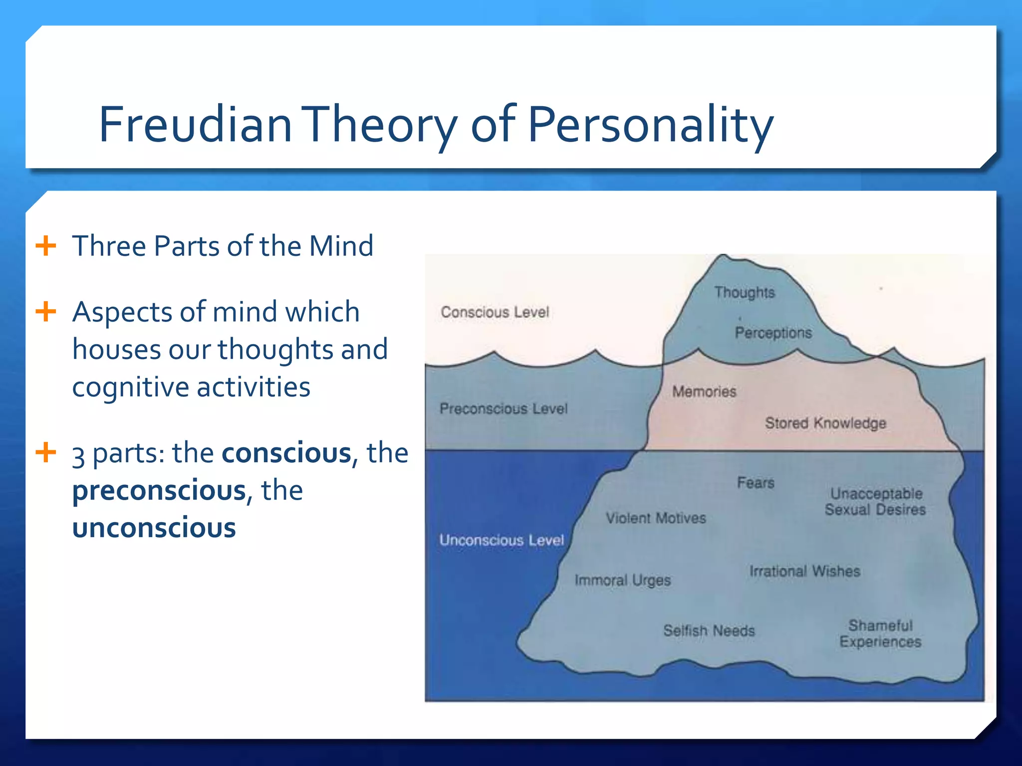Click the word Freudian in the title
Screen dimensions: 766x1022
[x=195, y=124]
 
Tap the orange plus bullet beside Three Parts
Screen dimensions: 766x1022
[x=46, y=246]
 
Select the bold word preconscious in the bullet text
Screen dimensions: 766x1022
[x=159, y=490]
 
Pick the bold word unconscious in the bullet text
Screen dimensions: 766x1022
[x=154, y=528]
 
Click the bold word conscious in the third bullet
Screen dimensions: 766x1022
[x=286, y=453]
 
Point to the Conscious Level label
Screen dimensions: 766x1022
[x=495, y=313]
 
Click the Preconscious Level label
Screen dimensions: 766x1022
[x=504, y=409]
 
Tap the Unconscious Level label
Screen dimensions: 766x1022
[x=502, y=540]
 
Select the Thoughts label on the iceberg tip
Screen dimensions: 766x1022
[x=744, y=292]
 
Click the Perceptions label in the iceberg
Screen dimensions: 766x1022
[x=773, y=333]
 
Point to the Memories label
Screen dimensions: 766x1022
[x=704, y=391]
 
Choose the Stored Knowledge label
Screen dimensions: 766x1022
[x=825, y=423]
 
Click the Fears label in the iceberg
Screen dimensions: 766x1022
[x=756, y=483]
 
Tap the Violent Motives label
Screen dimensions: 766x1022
[x=656, y=518]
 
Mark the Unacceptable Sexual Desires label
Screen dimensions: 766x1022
[x=875, y=502]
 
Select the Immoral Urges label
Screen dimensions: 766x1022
[x=622, y=580]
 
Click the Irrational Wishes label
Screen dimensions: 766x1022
[x=804, y=572]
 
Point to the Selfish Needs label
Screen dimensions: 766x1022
[x=709, y=631]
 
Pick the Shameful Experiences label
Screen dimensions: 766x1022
[x=880, y=633]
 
